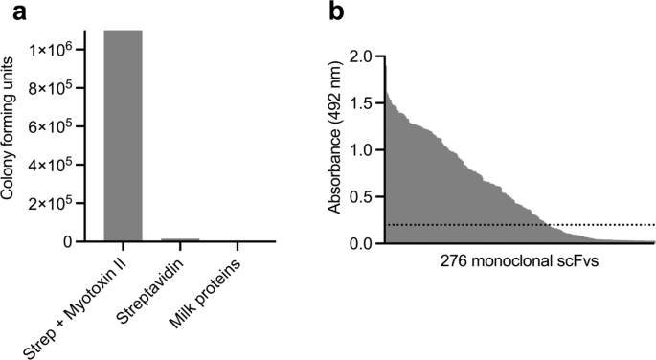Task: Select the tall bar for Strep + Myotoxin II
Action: pos(123,134)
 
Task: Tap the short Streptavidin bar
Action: pos(180,239)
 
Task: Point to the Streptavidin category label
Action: pos(163,287)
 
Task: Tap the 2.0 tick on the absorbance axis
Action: pos(363,56)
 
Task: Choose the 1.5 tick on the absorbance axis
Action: pos(363,103)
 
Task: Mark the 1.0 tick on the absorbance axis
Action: pos(363,150)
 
